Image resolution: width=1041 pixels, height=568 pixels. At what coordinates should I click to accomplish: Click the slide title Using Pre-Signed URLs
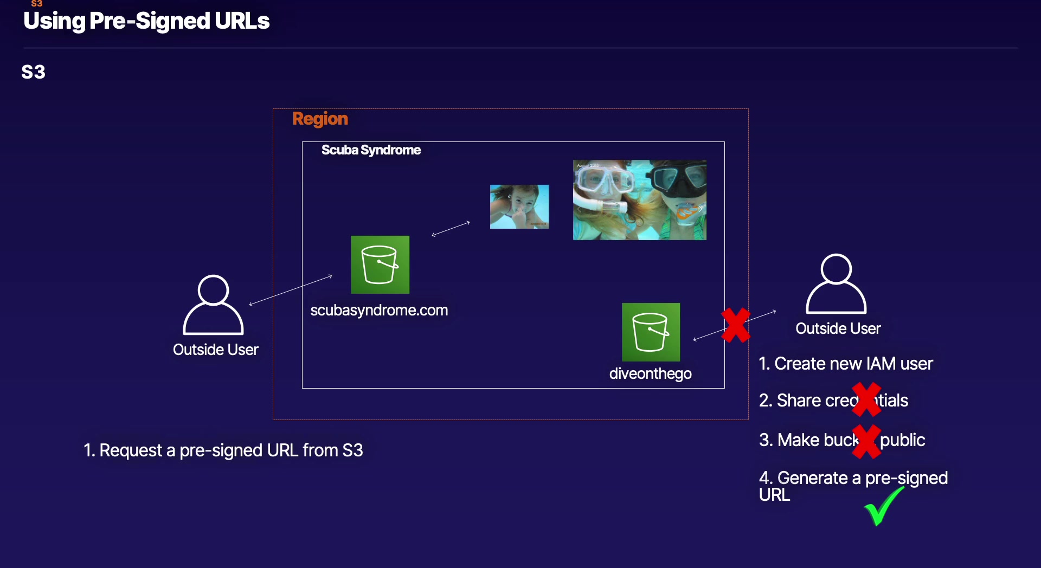tap(146, 21)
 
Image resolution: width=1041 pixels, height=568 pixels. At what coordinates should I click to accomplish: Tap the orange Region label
tap(320, 119)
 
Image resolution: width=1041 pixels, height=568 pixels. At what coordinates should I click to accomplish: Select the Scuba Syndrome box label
tap(371, 150)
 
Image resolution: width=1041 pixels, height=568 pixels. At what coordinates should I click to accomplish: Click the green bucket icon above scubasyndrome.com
tap(380, 264)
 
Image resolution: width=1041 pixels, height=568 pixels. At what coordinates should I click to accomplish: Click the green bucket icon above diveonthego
tap(651, 332)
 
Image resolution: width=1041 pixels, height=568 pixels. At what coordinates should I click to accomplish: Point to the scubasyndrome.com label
tap(379, 310)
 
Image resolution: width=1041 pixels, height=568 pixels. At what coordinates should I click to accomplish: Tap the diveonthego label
tap(650, 373)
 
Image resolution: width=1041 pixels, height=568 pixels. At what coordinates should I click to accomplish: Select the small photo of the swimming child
tap(519, 206)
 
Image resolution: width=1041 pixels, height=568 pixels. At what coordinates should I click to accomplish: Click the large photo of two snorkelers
tap(639, 199)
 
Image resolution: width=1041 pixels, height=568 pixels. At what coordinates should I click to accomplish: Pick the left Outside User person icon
tap(213, 305)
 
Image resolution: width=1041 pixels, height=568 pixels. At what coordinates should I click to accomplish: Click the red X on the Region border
tap(736, 325)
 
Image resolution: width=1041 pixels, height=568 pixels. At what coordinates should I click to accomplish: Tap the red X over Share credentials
tap(866, 399)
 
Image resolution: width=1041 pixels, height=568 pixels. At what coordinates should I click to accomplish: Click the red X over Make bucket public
tap(866, 441)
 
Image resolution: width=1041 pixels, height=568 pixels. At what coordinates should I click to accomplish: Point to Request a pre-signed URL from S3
tap(223, 450)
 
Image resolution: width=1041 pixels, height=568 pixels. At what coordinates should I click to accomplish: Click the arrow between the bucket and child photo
tap(451, 229)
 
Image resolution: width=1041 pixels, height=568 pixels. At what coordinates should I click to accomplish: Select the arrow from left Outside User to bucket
tap(291, 290)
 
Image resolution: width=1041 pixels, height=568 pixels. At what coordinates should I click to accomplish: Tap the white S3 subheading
tap(33, 72)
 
